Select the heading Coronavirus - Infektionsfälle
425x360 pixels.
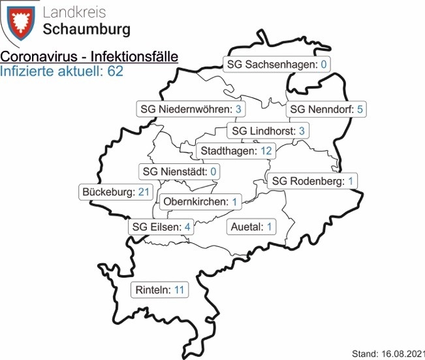click(89, 57)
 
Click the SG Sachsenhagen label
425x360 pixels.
click(276, 64)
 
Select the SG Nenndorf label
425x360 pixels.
click(326, 109)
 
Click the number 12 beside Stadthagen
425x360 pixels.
click(266, 151)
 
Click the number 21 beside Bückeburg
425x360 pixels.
click(145, 192)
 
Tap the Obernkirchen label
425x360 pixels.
click(200, 201)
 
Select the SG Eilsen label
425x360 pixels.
click(161, 227)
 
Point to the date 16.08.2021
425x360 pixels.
click(401, 353)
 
